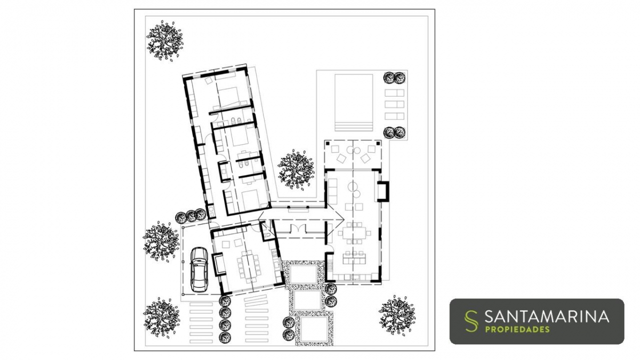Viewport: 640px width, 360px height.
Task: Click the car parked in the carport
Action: (199, 270)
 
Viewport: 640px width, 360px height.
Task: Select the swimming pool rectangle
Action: (354, 102)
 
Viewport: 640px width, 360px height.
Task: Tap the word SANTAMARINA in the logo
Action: (547, 317)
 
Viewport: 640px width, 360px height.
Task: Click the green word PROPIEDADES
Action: (517, 330)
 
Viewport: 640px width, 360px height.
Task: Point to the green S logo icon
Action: (471, 322)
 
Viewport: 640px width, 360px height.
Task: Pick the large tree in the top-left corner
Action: (165, 41)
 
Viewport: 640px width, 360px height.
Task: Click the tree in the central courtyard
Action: (296, 170)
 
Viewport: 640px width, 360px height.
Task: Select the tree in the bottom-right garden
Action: (397, 315)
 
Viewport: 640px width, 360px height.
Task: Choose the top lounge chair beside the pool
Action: (395, 93)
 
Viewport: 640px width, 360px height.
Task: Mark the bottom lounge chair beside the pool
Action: (395, 116)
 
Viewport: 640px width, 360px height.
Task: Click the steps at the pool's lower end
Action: (354, 126)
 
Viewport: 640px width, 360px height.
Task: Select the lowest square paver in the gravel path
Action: (314, 329)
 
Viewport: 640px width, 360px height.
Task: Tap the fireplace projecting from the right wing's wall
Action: (383, 191)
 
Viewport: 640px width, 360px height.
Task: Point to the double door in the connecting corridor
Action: (298, 228)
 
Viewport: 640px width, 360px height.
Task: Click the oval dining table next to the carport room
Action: (247, 266)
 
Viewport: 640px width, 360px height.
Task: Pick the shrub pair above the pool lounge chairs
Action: (394, 77)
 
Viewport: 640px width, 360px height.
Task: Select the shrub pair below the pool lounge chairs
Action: (394, 132)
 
